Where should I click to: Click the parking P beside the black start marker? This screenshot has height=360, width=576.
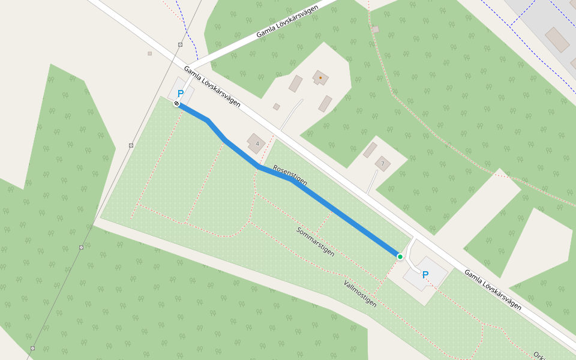click(180, 94)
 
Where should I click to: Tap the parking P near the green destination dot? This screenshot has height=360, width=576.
click(425, 275)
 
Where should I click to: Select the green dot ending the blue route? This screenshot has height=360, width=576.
click(400, 257)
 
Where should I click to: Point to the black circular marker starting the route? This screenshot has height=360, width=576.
click(176, 104)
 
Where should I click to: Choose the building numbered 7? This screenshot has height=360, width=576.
click(382, 163)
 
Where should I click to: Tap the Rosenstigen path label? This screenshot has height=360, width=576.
click(290, 173)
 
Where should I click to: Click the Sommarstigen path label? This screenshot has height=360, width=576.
click(315, 241)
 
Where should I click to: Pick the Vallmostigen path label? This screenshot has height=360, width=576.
click(360, 293)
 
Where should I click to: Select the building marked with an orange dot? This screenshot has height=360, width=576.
click(320, 77)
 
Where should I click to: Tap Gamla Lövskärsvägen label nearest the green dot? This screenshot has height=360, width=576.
click(492, 289)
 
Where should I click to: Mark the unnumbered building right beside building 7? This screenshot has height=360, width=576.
click(370, 149)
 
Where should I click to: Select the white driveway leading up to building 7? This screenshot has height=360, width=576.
click(372, 181)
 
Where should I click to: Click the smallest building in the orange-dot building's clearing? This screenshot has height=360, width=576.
click(277, 107)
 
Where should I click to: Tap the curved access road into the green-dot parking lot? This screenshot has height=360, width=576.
click(409, 251)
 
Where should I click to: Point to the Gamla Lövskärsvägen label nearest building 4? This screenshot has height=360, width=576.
click(212, 86)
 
